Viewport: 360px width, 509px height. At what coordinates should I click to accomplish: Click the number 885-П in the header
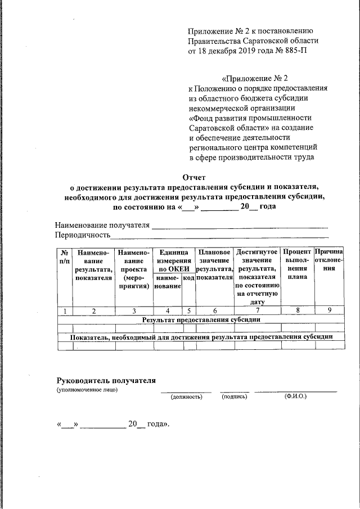coord(295,50)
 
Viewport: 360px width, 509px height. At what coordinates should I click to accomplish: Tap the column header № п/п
coord(65,258)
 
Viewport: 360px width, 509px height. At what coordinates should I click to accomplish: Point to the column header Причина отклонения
coord(329,259)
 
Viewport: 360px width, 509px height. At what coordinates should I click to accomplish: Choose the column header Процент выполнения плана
coord(297,264)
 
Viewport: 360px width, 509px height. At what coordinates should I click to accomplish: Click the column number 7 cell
coord(257,310)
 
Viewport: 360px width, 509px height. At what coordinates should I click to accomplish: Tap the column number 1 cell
coord(65,310)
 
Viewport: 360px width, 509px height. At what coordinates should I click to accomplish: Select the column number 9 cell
coord(329,310)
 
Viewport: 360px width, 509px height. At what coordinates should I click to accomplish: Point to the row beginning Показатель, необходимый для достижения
coord(200,337)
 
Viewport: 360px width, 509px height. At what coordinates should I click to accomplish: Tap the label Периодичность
coord(82,235)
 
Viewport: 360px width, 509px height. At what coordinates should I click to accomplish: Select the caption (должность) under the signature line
coord(186,397)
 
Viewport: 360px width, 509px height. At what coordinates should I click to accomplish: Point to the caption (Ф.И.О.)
coord(295,397)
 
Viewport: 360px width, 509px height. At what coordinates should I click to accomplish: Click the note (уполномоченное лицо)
coord(87,390)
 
